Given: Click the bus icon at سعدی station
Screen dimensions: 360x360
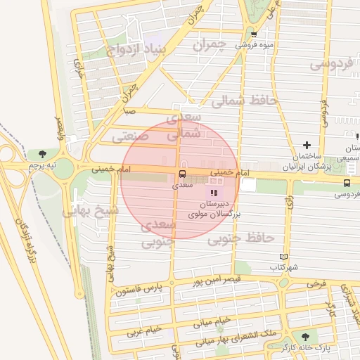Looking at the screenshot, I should pyautogui.click(x=182, y=174).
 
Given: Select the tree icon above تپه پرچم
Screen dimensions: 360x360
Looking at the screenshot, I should pyautogui.click(x=44, y=153).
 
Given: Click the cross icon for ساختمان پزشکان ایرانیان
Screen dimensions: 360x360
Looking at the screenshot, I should pyautogui.click(x=306, y=145).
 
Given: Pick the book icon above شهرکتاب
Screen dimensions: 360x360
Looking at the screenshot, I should pyautogui.click(x=283, y=257).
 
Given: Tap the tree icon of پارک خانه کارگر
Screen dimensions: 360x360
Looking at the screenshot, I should pyautogui.click(x=304, y=337).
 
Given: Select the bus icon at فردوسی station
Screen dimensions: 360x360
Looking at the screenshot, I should pyautogui.click(x=347, y=182).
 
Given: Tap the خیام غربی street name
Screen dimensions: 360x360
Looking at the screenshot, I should pyautogui.click(x=143, y=328).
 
